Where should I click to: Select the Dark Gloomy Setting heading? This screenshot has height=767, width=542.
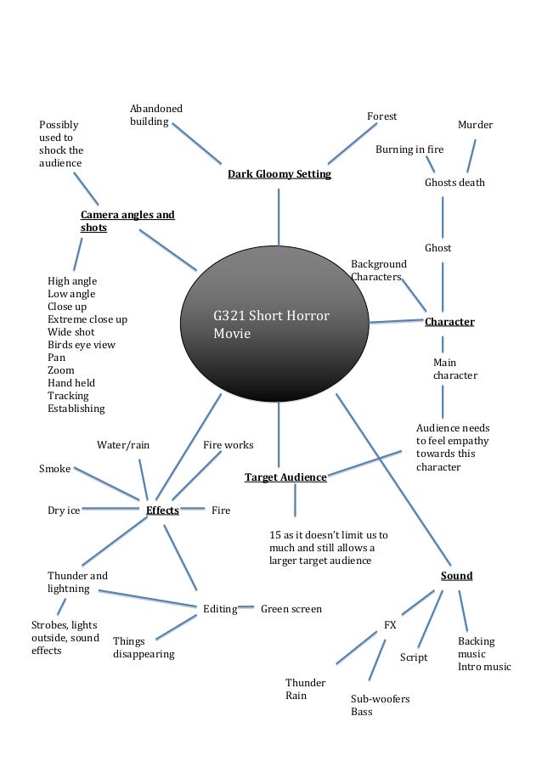tap(279, 174)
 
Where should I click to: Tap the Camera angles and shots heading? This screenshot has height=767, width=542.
tap(127, 221)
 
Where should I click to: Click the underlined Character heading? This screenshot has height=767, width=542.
tap(449, 322)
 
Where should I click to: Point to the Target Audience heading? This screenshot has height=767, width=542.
tap(285, 477)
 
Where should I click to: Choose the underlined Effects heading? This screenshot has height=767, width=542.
tap(162, 510)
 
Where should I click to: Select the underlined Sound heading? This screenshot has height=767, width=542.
tap(456, 576)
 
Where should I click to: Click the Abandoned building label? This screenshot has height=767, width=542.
tap(155, 116)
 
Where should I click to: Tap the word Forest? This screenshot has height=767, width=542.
tap(381, 116)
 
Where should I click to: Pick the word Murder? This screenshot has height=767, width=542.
tap(475, 125)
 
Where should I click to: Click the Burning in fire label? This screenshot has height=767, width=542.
tap(409, 149)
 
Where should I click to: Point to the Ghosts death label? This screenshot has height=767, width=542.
tap(454, 183)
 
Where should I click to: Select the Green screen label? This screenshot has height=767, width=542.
tap(291, 609)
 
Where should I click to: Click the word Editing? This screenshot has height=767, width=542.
tap(220, 609)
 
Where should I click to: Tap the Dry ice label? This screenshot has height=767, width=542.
tap(64, 510)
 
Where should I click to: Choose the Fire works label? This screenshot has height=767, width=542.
tap(228, 445)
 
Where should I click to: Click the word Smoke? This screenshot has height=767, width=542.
tap(54, 469)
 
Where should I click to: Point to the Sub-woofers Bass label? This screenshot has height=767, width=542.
tap(380, 705)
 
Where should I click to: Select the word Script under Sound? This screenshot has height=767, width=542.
tap(414, 657)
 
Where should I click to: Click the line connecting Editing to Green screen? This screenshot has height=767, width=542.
tap(247, 606)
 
